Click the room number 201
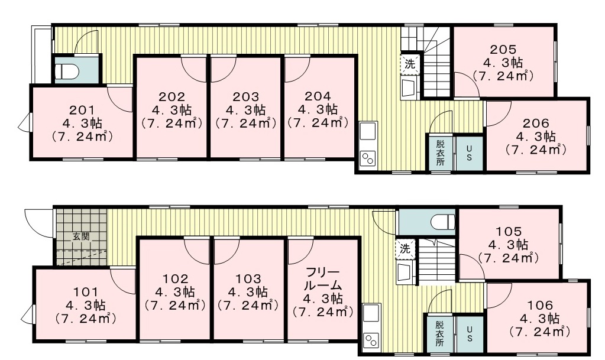(82, 110)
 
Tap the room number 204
(317, 96)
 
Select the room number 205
(503, 50)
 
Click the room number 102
(176, 278)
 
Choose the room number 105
(508, 232)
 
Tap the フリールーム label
(323, 279)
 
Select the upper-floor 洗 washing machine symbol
(409, 63)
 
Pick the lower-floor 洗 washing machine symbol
(405, 248)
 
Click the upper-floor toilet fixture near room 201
(67, 71)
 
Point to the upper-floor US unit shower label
(469, 153)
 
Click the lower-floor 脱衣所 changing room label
(440, 333)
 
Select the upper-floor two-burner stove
(368, 158)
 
